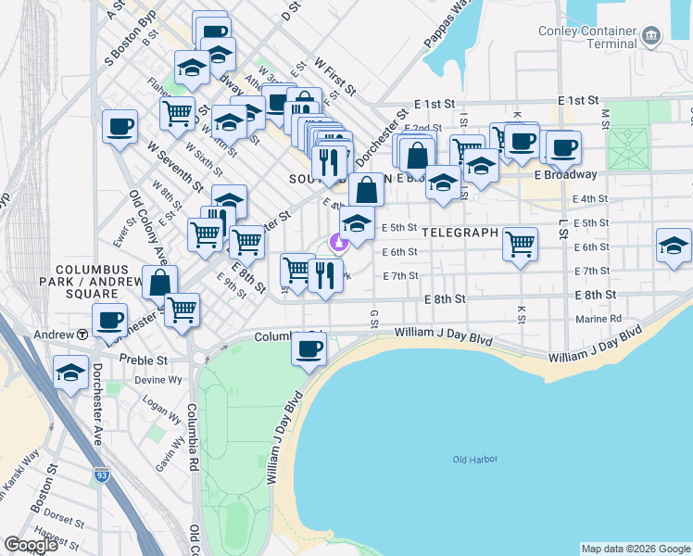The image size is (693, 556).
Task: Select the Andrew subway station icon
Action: tap(82, 334)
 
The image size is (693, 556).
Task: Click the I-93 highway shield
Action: tap(101, 478)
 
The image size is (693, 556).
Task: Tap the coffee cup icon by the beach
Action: tap(309, 349)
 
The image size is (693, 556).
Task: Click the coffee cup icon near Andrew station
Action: tap(109, 320)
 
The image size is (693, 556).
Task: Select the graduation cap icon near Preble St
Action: tap(70, 373)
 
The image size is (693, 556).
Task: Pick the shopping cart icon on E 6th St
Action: tap(521, 245)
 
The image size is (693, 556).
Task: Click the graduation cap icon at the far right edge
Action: tap(674, 246)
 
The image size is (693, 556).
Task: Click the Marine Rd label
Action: tap(598, 319)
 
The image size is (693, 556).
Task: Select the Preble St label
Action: tap(148, 360)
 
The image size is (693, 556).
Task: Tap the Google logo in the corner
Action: tap(31, 545)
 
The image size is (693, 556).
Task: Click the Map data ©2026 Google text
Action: tap(636, 549)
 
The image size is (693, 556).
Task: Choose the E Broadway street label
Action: tap(566, 174)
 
